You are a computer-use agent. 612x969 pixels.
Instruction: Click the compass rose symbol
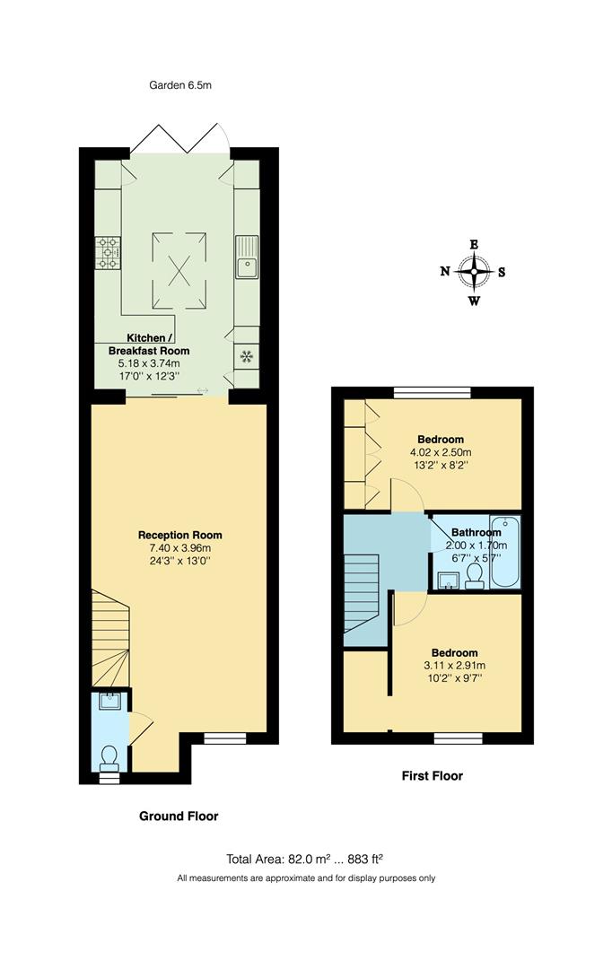[x=473, y=272]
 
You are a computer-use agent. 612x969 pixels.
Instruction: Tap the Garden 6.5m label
[x=180, y=86]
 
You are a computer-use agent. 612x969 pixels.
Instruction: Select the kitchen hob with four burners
[x=109, y=252]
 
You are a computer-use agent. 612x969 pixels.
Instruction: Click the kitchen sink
[x=247, y=258]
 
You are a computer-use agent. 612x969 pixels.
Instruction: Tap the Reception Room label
[x=179, y=536]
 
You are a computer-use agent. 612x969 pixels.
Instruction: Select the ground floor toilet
[x=109, y=758]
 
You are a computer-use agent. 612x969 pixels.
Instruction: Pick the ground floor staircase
[x=110, y=637]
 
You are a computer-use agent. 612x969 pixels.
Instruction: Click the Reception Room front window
[x=224, y=739]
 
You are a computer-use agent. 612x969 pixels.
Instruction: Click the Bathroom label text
[x=476, y=532]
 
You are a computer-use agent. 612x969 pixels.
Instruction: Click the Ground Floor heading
[x=179, y=816]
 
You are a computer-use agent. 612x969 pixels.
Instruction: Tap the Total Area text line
[x=306, y=859]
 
